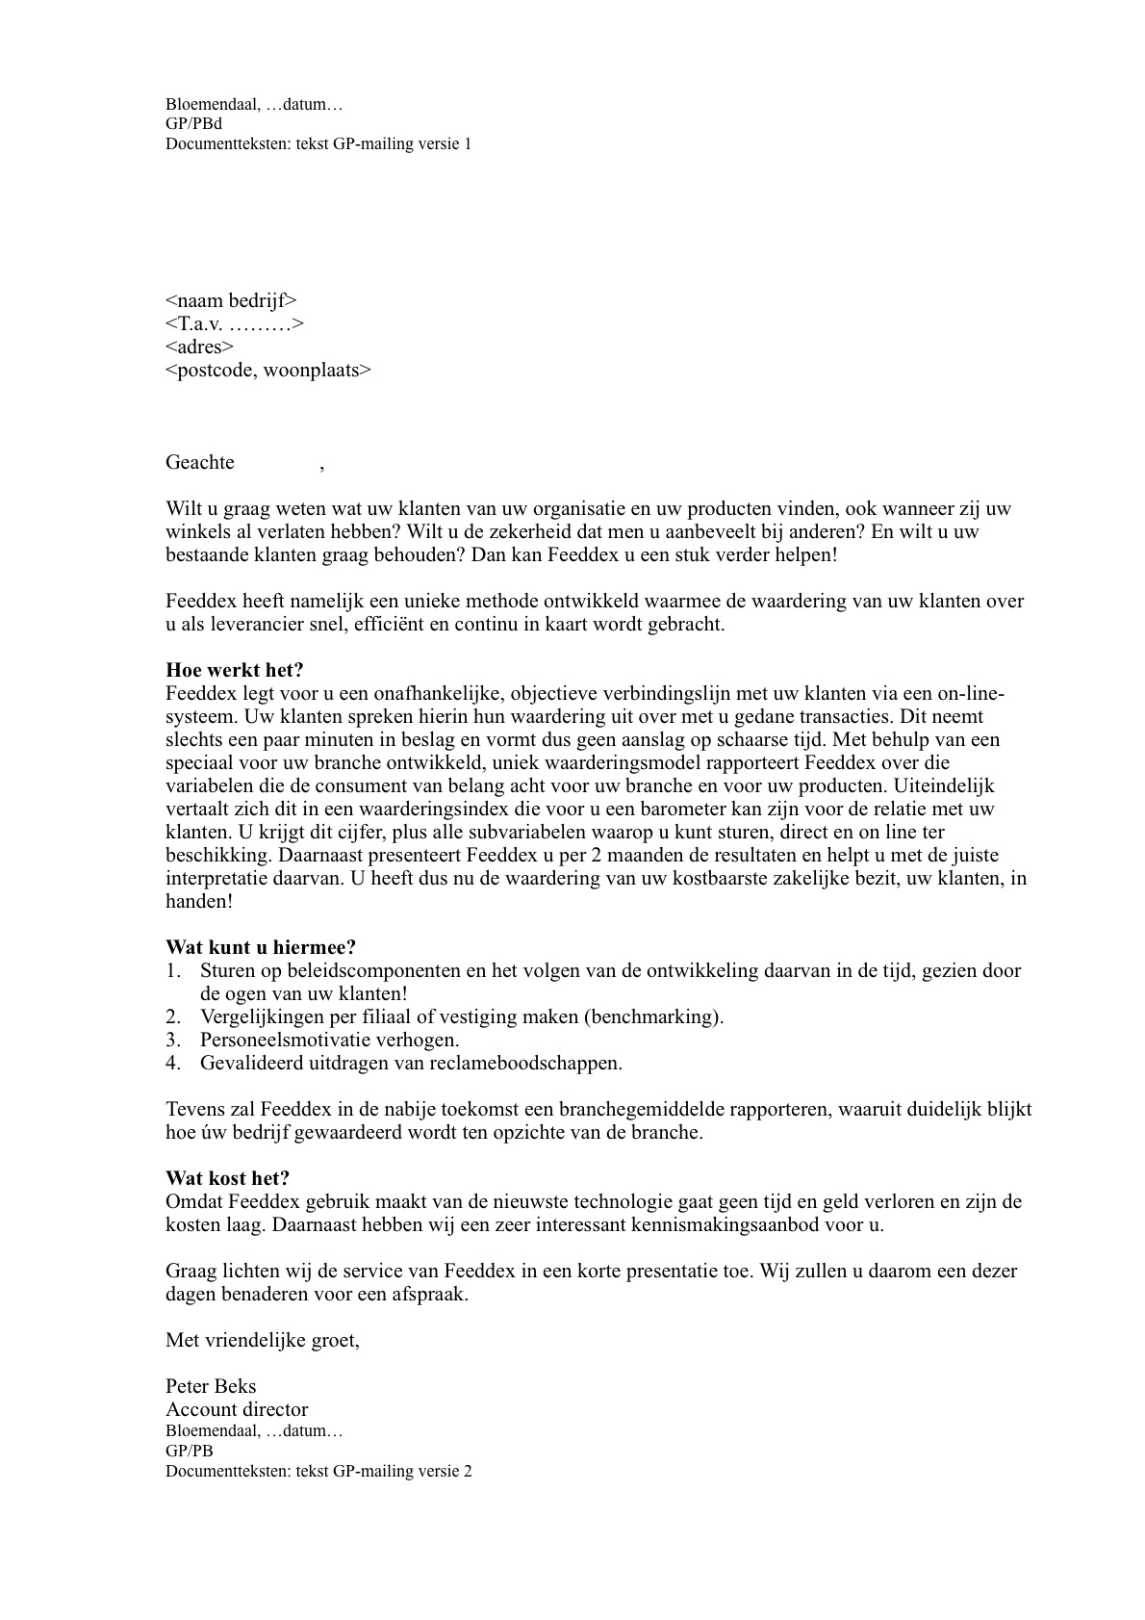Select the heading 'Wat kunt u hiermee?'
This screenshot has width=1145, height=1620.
pyautogui.click(x=261, y=948)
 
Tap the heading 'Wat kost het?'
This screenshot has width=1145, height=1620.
pyautogui.click(x=227, y=1179)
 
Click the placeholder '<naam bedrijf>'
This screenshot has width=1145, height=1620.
pyautogui.click(x=231, y=301)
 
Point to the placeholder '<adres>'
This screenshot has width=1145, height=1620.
pyautogui.click(x=199, y=347)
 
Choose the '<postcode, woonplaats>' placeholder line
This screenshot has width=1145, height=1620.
pyautogui.click(x=267, y=371)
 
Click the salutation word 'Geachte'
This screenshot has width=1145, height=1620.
pyautogui.click(x=200, y=463)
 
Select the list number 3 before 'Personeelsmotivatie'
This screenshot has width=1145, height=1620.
pyautogui.click(x=172, y=1041)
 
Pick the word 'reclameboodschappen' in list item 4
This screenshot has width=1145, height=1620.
pyautogui.click(x=538, y=1064)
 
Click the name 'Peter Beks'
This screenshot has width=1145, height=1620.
pyautogui.click(x=211, y=1387)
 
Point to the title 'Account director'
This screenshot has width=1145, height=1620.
pyautogui.click(x=237, y=1410)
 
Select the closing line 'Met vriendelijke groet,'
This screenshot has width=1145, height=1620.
pyautogui.click(x=263, y=1341)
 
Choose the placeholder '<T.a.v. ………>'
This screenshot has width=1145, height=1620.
pyautogui.click(x=235, y=324)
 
